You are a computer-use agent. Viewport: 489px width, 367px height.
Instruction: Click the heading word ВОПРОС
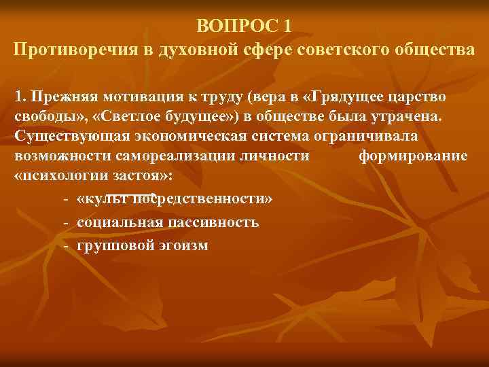(237, 26)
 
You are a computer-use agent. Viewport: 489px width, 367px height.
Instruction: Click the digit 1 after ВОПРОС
(288, 26)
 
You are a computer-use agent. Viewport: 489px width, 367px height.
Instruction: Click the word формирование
(412, 156)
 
